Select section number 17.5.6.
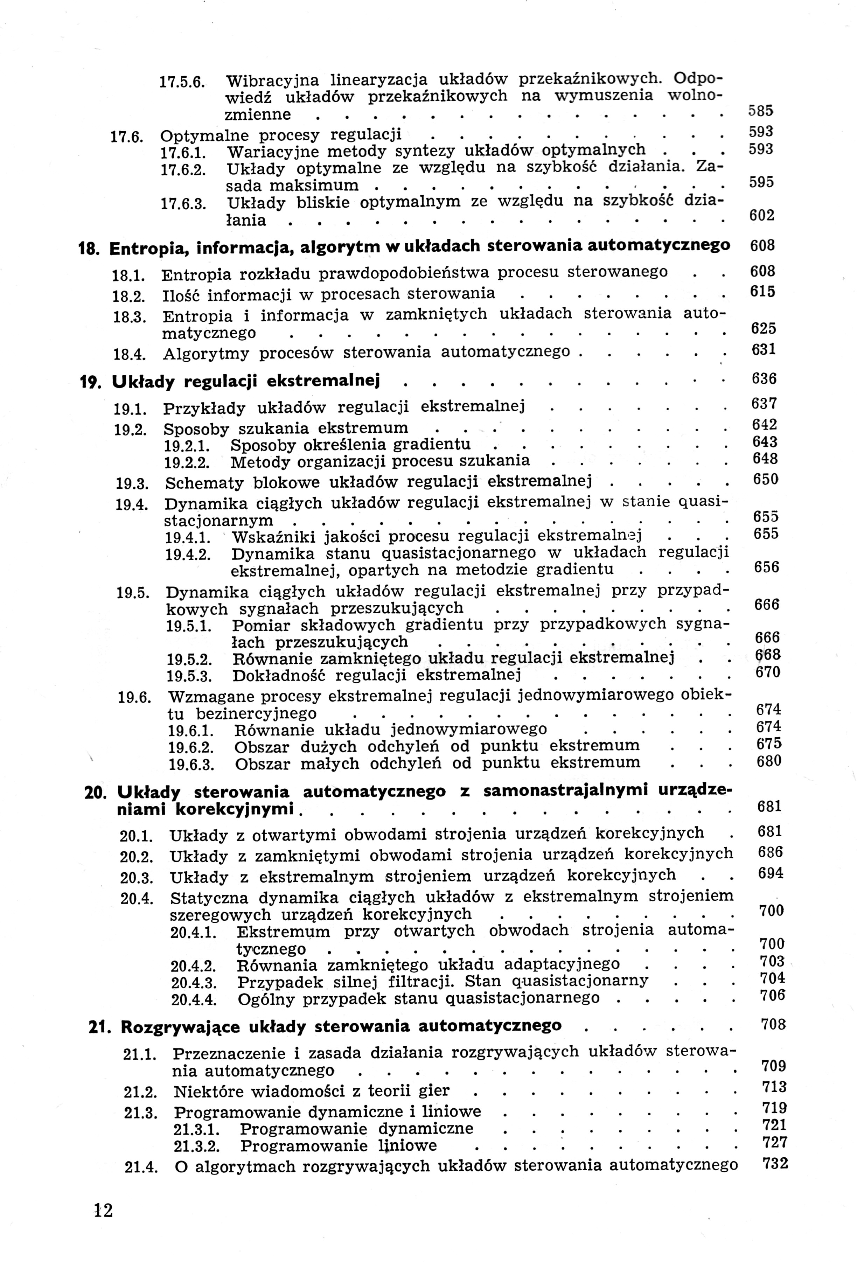pos(181,82)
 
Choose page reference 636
pos(764,378)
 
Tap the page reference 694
pos(771,873)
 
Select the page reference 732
pos(775,1163)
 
